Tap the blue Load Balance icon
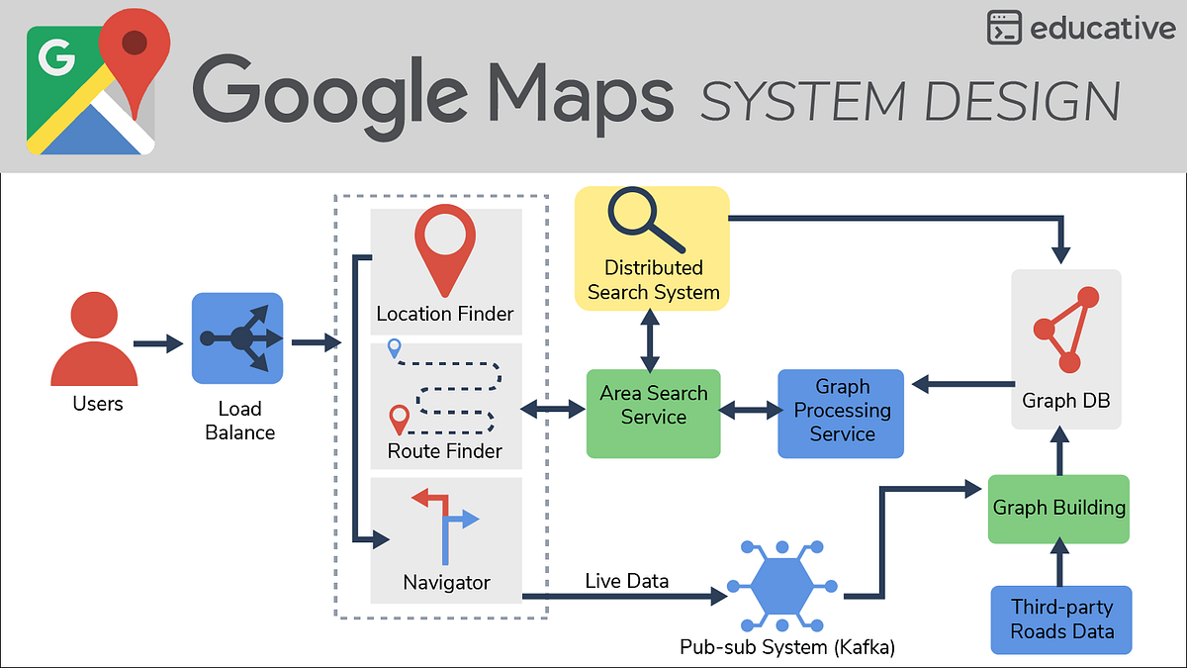[x=237, y=338]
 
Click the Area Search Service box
[x=653, y=414]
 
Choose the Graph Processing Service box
[x=841, y=414]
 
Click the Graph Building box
[x=1058, y=508]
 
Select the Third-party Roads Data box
[x=1061, y=620]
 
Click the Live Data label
[x=626, y=581]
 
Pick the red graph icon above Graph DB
[x=1065, y=329]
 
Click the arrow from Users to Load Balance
[x=158, y=343]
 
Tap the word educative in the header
[x=1102, y=29]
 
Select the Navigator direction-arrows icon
[x=446, y=522]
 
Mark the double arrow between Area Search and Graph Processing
[x=749, y=409]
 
